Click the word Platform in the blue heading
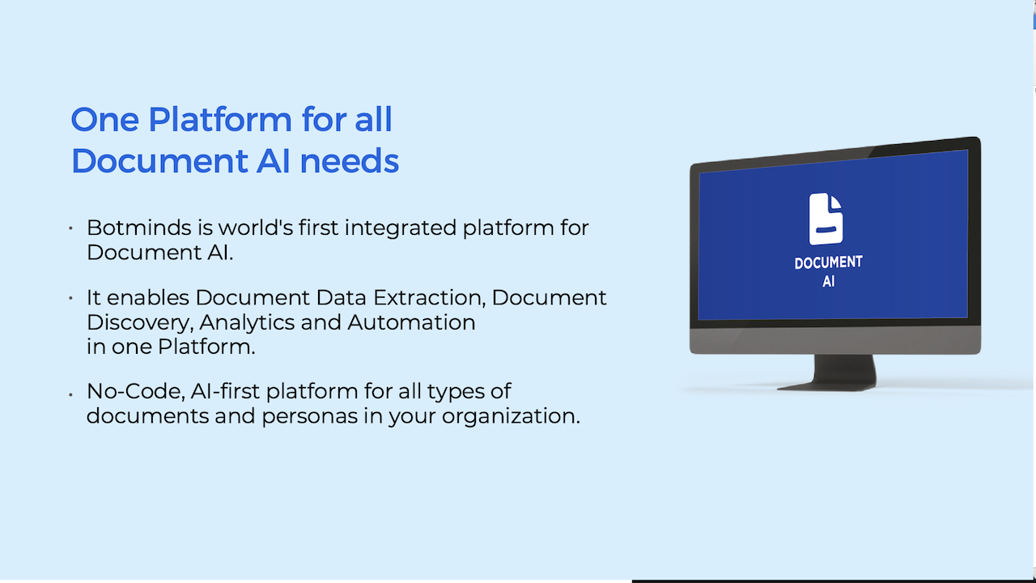point(219,120)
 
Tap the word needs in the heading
point(349,161)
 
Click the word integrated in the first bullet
point(401,228)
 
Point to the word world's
point(255,228)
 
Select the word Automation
point(411,322)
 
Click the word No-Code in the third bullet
point(136,391)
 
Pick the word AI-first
point(225,391)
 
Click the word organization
point(511,416)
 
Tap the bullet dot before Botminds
point(70,228)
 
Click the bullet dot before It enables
point(70,299)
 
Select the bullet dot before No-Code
point(70,394)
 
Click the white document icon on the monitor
point(826,219)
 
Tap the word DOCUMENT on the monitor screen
point(828,262)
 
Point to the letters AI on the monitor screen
point(828,281)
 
